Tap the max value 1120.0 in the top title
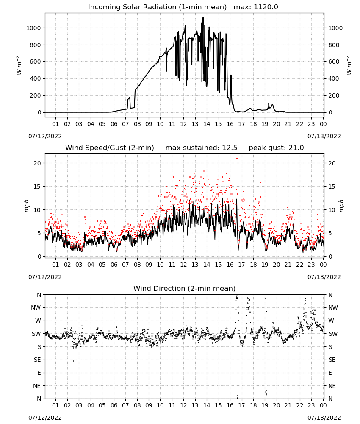(x=266, y=7)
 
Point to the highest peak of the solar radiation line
(x=203, y=18)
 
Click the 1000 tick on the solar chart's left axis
(x=33, y=28)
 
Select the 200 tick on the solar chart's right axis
(x=334, y=95)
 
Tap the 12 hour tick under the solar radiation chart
(x=183, y=124)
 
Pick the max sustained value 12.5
(x=230, y=148)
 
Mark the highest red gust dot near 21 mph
(x=237, y=159)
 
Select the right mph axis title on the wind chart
(x=341, y=206)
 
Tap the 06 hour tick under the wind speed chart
(x=114, y=265)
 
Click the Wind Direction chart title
(x=185, y=288)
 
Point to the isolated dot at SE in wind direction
(x=73, y=361)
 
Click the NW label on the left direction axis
(x=36, y=307)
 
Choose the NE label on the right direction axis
(x=332, y=386)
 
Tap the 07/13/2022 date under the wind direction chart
(x=324, y=418)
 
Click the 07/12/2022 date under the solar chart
(x=45, y=136)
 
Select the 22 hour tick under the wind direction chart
(x=299, y=405)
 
